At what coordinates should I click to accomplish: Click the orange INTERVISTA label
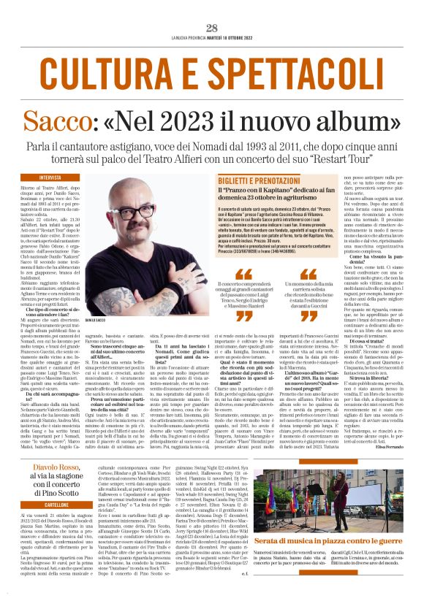click(x=51, y=177)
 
